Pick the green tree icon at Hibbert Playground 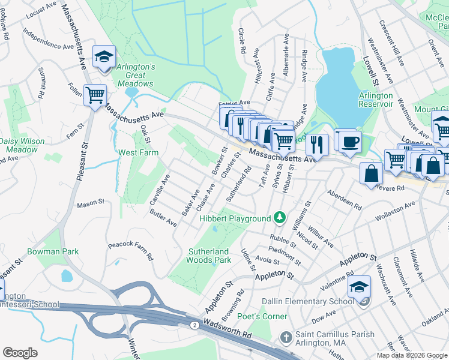[x=279, y=216]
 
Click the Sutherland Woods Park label [x=209, y=256]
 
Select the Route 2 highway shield [x=194, y=325]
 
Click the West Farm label [x=138, y=152]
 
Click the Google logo [x=20, y=353]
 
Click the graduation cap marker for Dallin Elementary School [x=360, y=286]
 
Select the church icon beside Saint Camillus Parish [x=286, y=338]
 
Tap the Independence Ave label [x=47, y=37]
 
